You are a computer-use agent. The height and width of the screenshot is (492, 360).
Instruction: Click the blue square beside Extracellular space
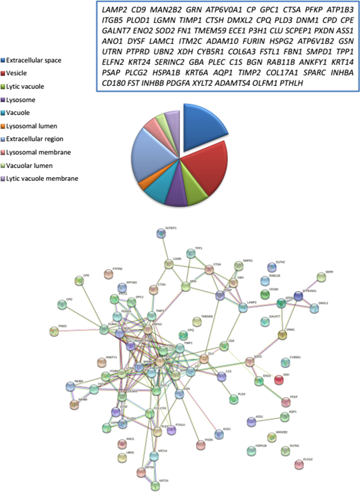point(5,61)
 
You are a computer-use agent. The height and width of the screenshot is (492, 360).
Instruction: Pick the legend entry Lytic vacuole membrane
point(47,179)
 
